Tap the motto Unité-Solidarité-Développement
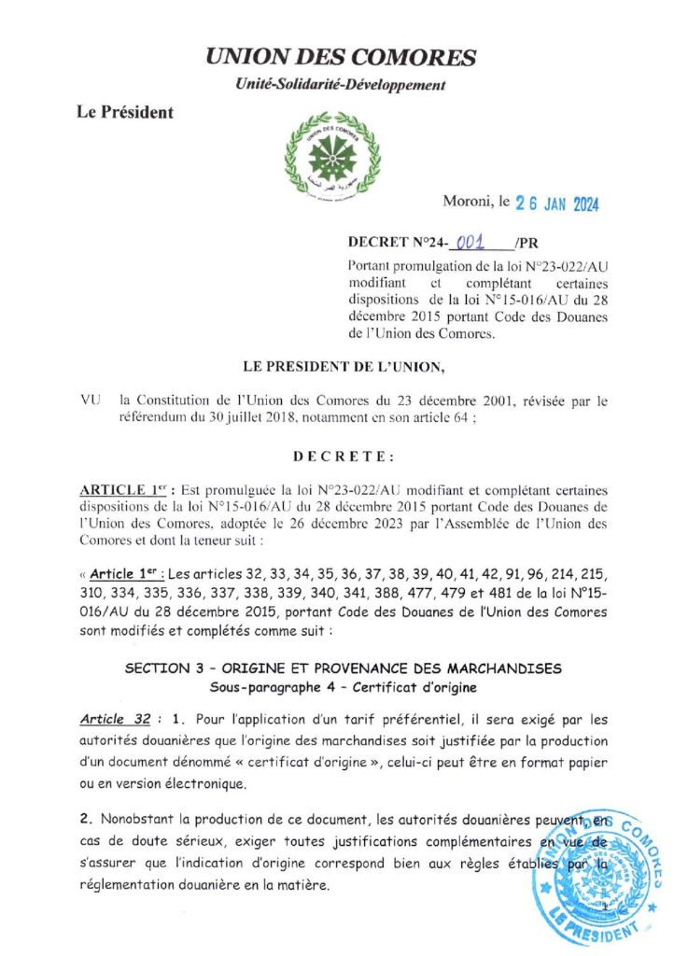(x=340, y=85)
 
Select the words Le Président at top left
(x=126, y=113)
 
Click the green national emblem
(x=328, y=148)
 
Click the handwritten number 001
(x=482, y=242)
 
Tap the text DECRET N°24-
(x=398, y=243)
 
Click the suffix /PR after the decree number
(x=527, y=243)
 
